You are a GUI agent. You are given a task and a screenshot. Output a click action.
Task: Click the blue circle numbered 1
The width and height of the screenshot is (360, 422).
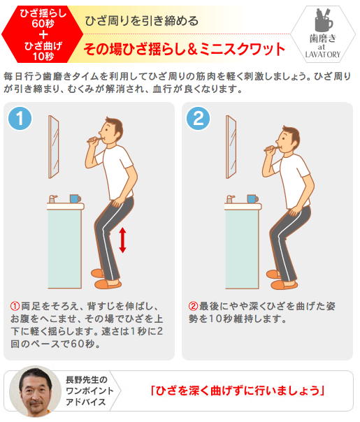point(20,118)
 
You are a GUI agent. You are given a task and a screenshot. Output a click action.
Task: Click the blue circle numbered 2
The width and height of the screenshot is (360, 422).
point(199,118)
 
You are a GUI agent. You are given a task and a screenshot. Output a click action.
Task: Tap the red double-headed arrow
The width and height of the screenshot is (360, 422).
point(122,240)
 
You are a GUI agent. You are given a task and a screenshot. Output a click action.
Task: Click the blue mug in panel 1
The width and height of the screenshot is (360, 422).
point(75,198)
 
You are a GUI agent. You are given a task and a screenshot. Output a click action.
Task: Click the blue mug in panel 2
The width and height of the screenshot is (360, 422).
point(252,199)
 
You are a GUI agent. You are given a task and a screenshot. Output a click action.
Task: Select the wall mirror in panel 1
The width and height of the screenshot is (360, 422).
point(54,147)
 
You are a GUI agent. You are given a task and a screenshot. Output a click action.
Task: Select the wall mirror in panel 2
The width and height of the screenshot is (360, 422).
point(231,147)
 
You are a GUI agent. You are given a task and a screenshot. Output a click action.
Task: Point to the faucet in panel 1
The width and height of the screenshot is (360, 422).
point(52,199)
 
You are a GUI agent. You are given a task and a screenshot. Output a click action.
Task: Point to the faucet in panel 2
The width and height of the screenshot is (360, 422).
point(230,199)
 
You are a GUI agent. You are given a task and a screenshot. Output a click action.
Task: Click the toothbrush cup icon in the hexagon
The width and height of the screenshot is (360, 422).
point(324,20)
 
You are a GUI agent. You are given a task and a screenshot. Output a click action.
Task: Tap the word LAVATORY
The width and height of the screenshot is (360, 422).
point(323,54)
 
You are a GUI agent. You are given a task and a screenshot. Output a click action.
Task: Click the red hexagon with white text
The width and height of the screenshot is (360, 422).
point(42,34)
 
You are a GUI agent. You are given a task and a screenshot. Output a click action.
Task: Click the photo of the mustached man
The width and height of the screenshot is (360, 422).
point(35,391)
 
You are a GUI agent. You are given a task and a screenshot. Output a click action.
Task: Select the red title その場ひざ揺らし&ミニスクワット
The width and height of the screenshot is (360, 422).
point(184,49)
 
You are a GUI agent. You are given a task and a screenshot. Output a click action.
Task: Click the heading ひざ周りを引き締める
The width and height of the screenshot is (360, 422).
point(142,21)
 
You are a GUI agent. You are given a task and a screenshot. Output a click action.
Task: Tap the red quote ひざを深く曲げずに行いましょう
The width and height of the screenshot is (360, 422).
point(237,391)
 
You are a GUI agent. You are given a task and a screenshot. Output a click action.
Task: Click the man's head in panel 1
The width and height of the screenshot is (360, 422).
point(111,131)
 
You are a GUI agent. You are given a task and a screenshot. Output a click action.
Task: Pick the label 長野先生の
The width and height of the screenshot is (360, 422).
point(87,380)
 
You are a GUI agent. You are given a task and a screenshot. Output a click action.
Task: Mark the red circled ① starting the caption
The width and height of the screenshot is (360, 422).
point(15,306)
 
